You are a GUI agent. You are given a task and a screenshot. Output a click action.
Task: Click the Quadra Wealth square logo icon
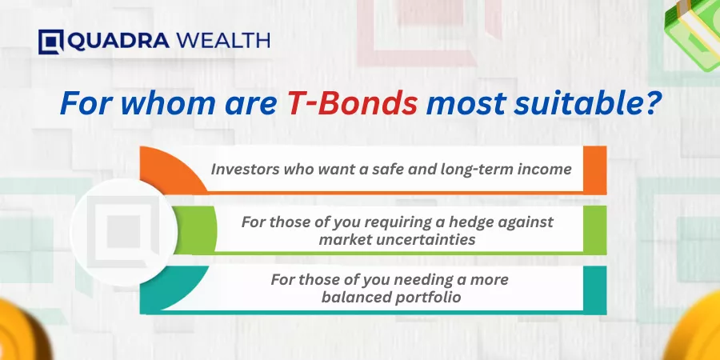[x=50, y=42]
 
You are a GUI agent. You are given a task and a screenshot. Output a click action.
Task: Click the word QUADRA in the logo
[x=118, y=42]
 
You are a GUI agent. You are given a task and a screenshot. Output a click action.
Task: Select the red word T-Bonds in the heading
[x=352, y=105]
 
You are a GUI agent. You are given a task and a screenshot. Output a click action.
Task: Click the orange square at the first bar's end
[x=595, y=170]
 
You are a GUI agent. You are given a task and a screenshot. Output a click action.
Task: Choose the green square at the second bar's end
[x=595, y=230]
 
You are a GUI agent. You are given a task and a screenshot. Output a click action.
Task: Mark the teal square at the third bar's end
[x=595, y=290]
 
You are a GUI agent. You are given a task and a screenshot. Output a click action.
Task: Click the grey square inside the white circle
[x=123, y=231]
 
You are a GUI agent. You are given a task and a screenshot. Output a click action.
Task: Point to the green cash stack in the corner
[x=694, y=31]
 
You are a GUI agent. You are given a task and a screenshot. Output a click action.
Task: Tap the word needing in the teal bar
[x=421, y=280]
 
